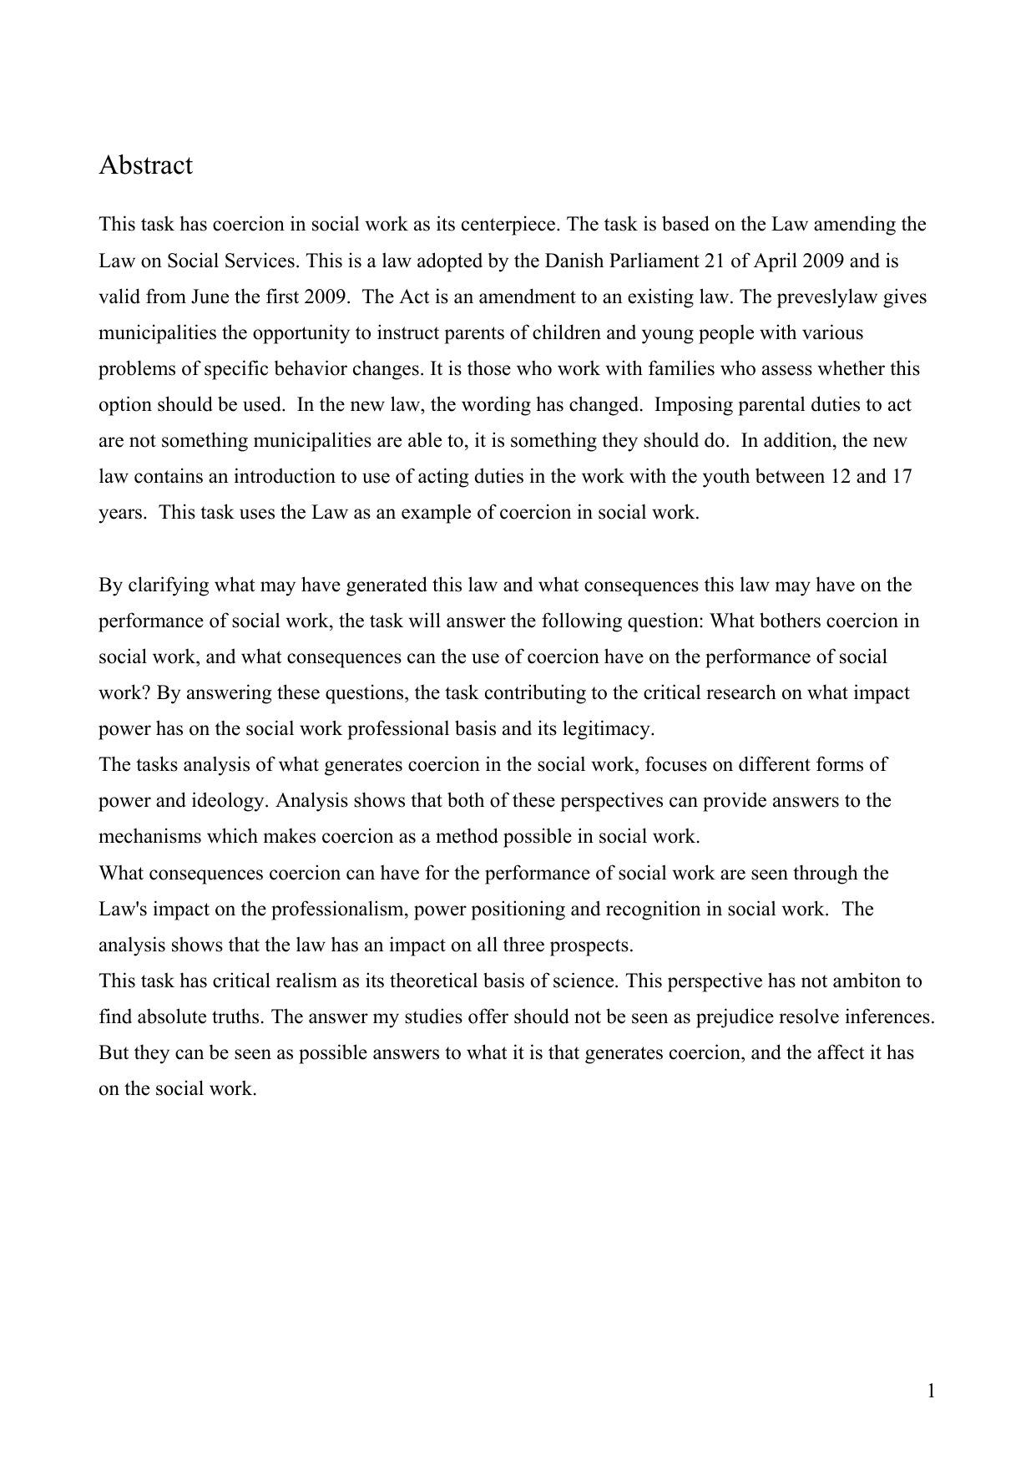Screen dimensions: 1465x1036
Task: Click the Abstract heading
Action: coord(145,165)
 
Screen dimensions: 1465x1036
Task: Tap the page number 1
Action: coord(931,1391)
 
